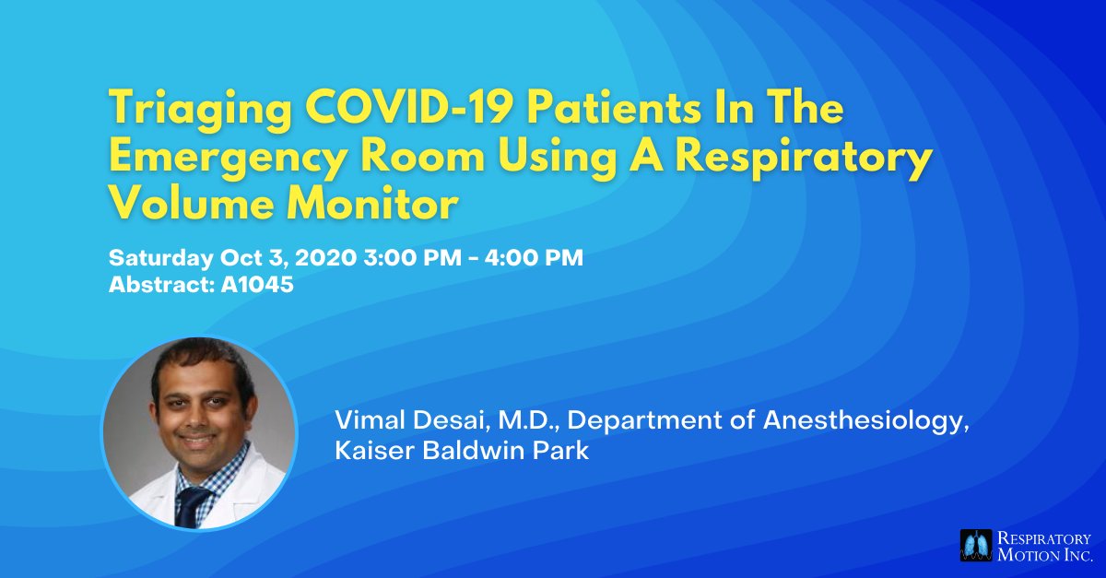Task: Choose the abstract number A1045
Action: pyautogui.click(x=257, y=286)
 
